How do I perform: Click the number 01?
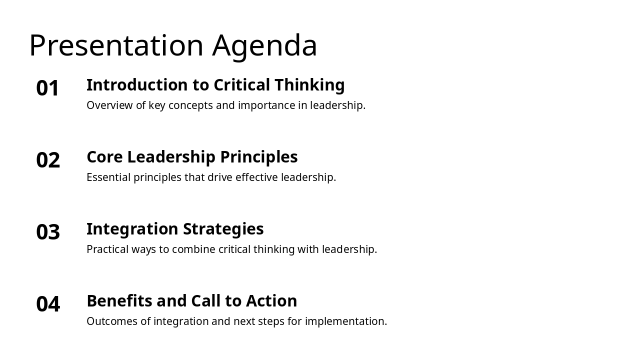48,88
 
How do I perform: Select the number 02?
48,160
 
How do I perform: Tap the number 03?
48,232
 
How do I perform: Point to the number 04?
48,304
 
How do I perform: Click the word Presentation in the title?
116,45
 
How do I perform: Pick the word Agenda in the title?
264,45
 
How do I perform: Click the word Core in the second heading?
104,157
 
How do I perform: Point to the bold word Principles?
258,157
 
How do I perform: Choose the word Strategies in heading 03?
223,229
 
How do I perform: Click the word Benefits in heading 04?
119,301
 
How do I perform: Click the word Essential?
108,177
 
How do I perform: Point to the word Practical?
107,249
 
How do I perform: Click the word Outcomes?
112,321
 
